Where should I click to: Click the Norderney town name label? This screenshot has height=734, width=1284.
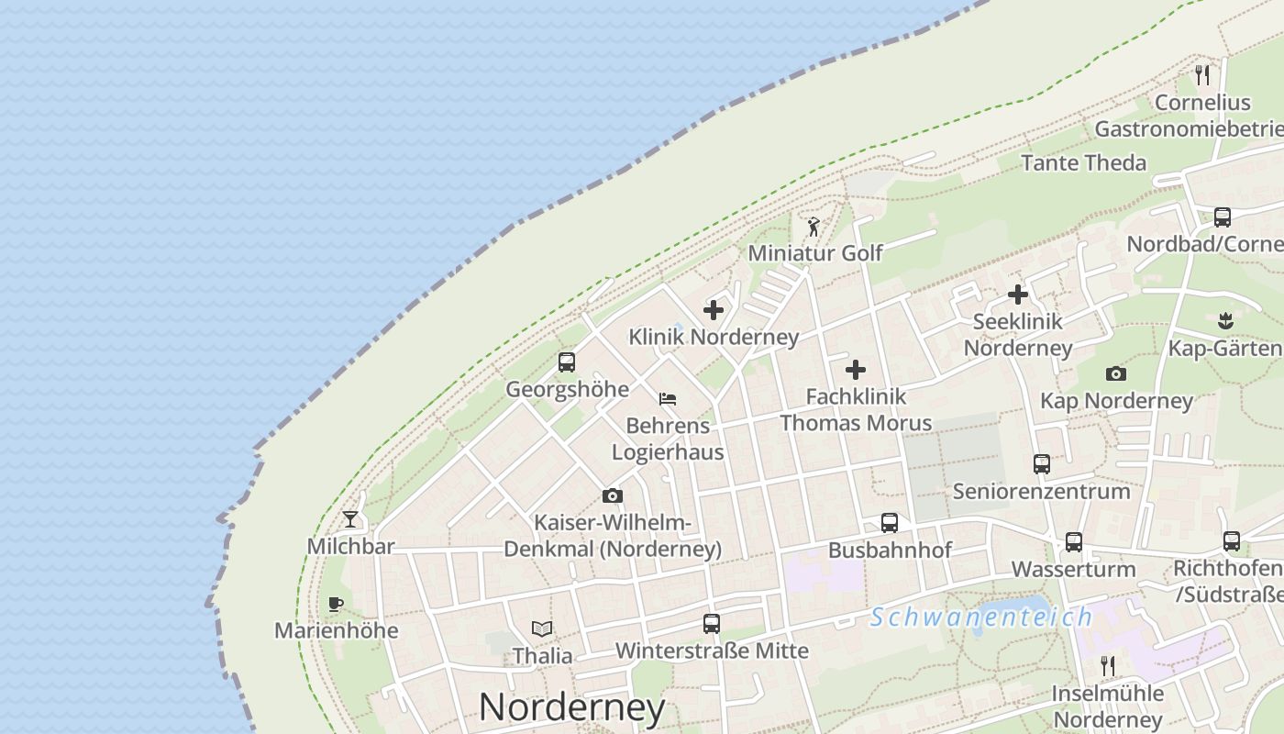click(571, 707)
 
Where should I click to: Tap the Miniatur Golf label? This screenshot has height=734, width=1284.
click(815, 252)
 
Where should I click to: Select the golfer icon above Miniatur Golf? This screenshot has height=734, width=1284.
click(813, 226)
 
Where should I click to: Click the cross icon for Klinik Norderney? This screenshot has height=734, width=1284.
click(714, 310)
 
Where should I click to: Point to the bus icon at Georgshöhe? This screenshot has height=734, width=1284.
click(567, 362)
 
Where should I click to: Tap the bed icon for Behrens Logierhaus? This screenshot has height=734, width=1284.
click(668, 399)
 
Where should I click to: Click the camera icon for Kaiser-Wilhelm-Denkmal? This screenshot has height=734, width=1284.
click(613, 496)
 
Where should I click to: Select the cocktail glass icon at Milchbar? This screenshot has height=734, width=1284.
click(350, 519)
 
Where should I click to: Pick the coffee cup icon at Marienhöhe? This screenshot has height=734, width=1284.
click(336, 604)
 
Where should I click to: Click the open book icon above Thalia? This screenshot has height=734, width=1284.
click(542, 629)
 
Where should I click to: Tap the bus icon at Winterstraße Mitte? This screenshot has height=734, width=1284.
click(711, 624)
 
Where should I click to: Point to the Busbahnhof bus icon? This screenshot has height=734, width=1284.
click(890, 523)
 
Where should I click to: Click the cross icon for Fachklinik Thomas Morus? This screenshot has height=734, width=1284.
click(856, 370)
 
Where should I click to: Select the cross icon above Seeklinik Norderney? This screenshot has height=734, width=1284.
click(1018, 295)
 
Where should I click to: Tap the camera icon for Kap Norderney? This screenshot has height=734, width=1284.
click(1116, 373)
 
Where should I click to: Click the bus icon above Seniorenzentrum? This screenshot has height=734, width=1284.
click(1042, 464)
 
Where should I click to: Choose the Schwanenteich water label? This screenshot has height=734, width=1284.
click(980, 617)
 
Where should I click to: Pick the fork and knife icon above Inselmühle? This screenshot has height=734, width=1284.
click(1108, 665)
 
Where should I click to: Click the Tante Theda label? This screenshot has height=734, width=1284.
click(1083, 163)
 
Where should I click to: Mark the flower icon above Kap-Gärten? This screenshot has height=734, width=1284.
click(1225, 321)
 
